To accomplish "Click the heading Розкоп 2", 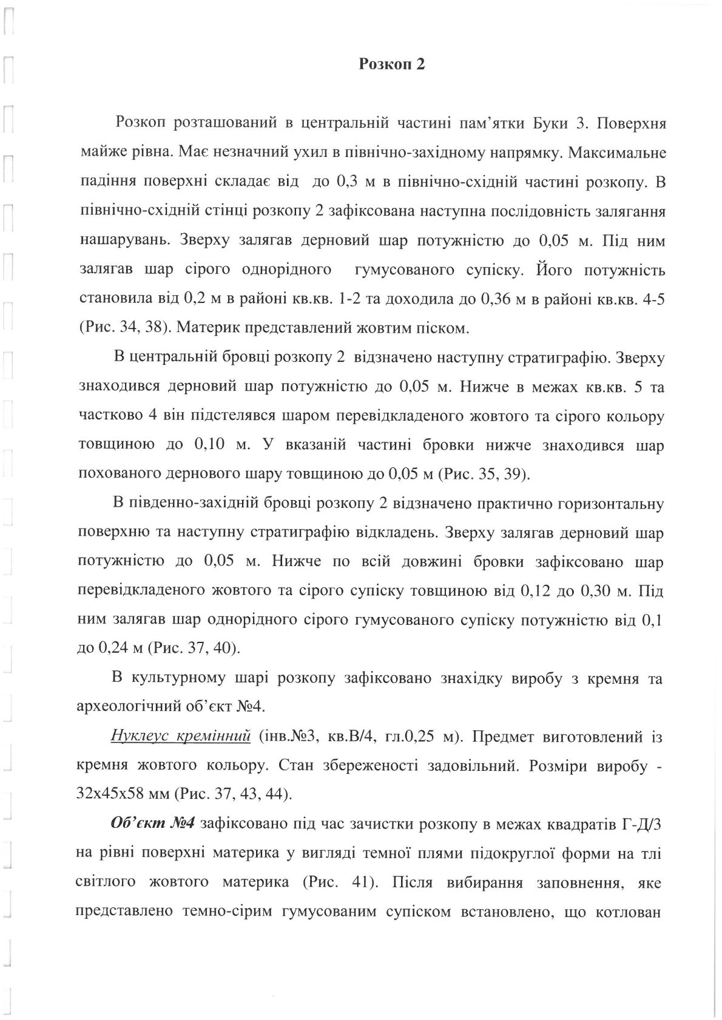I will (x=391, y=64).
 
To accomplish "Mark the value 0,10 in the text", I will (x=211, y=444).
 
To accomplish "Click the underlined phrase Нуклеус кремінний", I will (x=181, y=738).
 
